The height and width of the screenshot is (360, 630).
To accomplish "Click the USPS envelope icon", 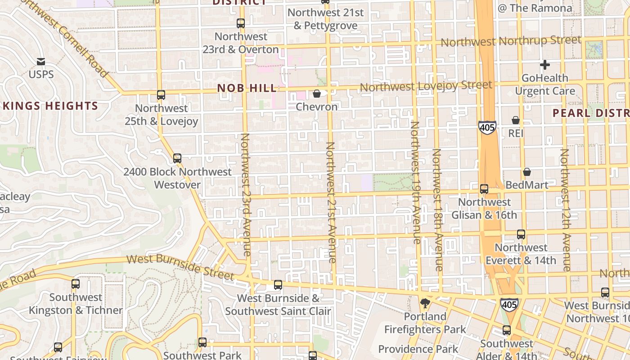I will [41, 61].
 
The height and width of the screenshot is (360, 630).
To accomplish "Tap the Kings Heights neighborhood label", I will [50, 106].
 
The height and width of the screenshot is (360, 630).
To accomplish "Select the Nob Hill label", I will [247, 88].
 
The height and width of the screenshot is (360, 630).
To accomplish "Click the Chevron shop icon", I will [317, 94].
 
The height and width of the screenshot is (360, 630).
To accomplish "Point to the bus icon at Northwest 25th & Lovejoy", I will [161, 95].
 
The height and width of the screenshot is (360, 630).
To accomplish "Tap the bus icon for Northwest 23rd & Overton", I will [241, 23].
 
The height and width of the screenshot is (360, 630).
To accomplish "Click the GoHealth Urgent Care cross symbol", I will [545, 65].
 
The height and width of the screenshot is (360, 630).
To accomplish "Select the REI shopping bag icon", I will [516, 120].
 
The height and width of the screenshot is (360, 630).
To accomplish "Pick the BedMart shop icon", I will [527, 172].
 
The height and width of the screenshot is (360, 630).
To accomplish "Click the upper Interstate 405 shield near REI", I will [487, 128].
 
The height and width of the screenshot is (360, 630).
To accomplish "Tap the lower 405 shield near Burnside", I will [509, 305].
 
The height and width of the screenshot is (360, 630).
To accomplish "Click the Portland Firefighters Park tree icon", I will [425, 303].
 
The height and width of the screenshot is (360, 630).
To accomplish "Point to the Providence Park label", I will [418, 349].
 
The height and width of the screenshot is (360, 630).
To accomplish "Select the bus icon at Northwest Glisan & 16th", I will [484, 189].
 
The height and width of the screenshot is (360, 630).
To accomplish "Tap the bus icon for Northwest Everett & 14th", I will [521, 234].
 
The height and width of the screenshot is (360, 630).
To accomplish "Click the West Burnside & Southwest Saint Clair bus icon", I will [278, 284].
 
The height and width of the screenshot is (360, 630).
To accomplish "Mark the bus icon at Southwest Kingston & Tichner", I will [76, 284].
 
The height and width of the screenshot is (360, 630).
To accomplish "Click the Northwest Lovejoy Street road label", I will [426, 85].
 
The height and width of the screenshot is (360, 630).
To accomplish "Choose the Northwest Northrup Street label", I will [511, 41].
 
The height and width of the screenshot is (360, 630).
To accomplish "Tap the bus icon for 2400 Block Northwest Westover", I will [177, 158].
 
